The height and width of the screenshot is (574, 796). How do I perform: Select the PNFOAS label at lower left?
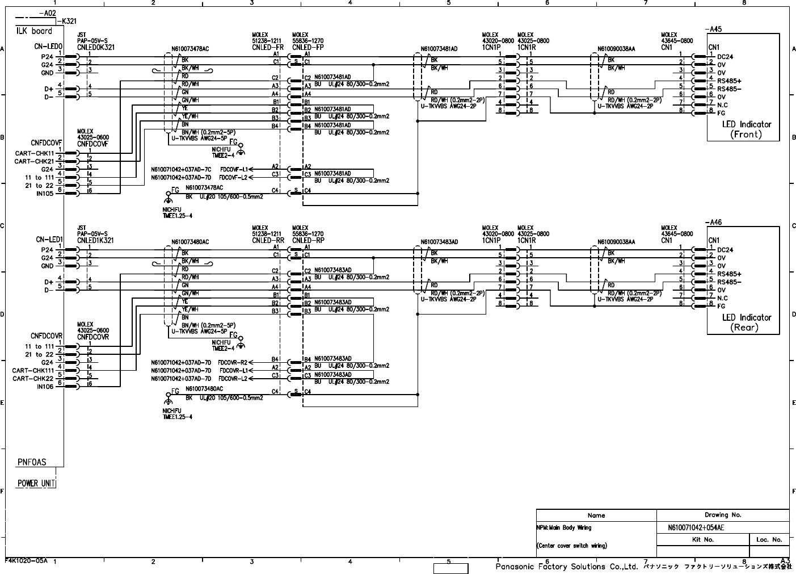(32, 462)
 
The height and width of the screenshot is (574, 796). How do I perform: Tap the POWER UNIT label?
(36, 483)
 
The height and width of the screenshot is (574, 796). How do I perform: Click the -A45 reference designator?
(713, 29)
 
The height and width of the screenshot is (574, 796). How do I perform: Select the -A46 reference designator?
(713, 223)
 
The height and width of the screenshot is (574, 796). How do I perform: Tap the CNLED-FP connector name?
(308, 48)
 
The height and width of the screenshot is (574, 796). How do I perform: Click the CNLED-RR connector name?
(268, 241)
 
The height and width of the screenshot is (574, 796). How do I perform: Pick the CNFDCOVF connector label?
(46, 143)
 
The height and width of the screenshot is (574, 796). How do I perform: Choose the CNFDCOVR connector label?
(47, 336)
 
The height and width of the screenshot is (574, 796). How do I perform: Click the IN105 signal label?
(45, 193)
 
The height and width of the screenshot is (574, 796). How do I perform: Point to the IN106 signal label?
(45, 387)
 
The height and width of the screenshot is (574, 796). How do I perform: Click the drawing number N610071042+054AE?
(696, 527)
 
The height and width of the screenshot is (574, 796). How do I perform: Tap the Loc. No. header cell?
(769, 539)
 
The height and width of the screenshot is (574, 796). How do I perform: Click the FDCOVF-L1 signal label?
(233, 169)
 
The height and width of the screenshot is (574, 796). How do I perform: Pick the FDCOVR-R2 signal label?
(233, 362)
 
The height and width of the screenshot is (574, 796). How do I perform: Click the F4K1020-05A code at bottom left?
(27, 560)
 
